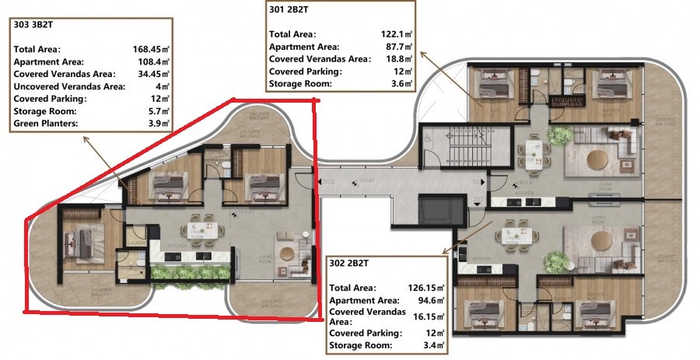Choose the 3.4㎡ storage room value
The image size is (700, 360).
point(432,344)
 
